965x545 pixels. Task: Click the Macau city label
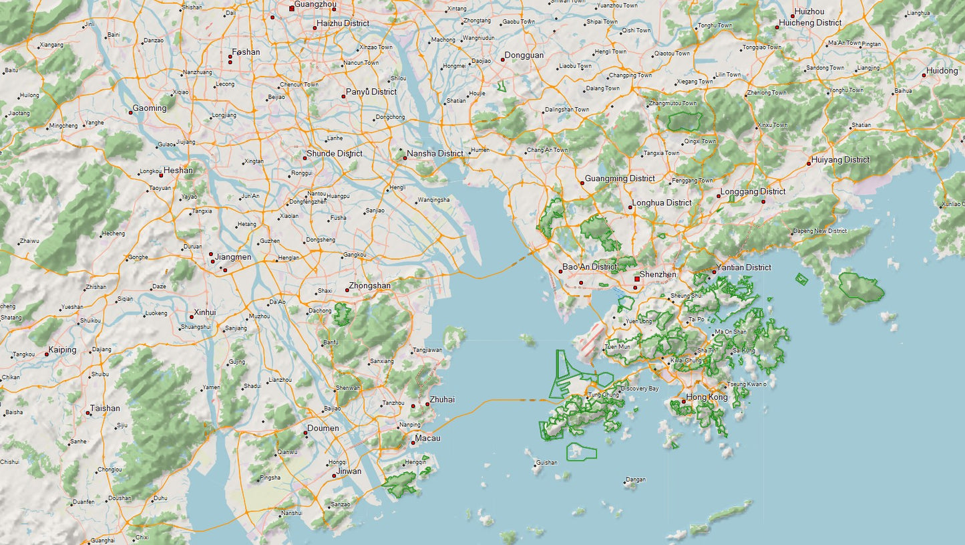427,438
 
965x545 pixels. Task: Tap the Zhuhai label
442,399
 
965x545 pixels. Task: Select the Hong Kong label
707,397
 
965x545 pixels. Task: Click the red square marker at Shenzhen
637,279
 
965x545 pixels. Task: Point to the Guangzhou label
315,5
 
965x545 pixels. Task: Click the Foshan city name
246,51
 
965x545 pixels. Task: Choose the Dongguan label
524,55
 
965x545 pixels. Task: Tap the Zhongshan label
369,286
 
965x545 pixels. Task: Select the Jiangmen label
233,257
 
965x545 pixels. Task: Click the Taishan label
105,408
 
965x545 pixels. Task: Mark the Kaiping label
62,350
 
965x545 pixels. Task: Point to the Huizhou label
809,11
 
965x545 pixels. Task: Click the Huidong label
942,70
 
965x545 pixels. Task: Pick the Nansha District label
435,153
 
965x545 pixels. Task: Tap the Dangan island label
635,479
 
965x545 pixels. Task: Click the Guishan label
546,462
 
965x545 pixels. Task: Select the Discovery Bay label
639,389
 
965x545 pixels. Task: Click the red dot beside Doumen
306,433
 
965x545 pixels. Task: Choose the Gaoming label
149,108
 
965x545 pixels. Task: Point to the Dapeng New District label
819,231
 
